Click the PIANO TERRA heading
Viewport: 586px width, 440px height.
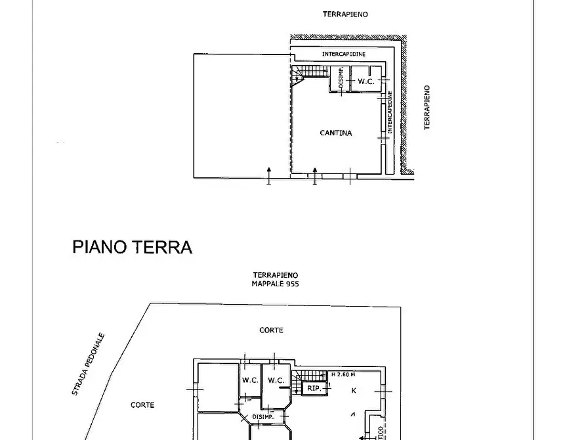point(132,247)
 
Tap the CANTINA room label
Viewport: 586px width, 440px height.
point(335,133)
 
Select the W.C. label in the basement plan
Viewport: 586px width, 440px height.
point(366,81)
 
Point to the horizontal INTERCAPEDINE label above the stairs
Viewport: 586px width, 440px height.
point(344,54)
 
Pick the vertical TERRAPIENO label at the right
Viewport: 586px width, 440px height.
point(427,107)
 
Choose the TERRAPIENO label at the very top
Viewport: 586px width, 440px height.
point(345,14)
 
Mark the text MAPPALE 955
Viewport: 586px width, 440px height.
point(276,284)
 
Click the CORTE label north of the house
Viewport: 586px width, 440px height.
point(271,330)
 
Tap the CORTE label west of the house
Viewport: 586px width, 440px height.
point(142,405)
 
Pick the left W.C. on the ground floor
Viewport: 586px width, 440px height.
point(250,380)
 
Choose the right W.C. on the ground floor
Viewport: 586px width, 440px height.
point(276,380)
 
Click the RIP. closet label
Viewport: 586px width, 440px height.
point(314,389)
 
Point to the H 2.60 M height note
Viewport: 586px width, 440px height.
point(343,374)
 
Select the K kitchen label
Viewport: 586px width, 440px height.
point(354,391)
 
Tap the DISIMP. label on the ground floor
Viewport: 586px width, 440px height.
point(262,417)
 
